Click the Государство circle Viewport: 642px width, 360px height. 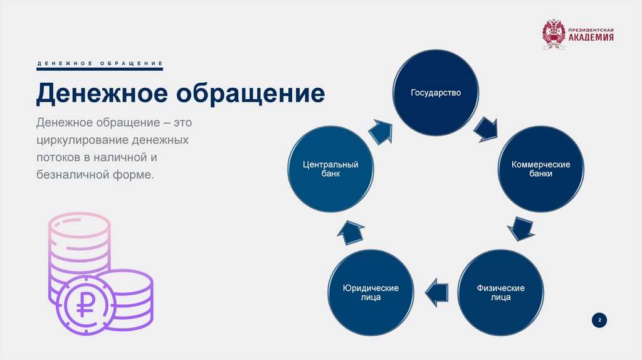pyautogui.click(x=436, y=93)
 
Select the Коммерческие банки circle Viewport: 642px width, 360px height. pyautogui.click(x=540, y=169)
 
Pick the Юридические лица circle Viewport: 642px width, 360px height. pyautogui.click(x=371, y=292)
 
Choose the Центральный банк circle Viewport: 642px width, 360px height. pyautogui.click(x=330, y=169)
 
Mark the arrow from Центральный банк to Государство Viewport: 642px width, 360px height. pyautogui.click(x=381, y=131)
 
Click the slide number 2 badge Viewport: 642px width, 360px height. pyautogui.click(x=599, y=320)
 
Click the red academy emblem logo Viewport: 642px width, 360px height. pyautogui.click(x=553, y=34)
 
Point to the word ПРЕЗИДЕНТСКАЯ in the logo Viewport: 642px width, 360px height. pyautogui.click(x=591, y=29)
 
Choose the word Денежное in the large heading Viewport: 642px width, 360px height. pyautogui.click(x=100, y=94)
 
